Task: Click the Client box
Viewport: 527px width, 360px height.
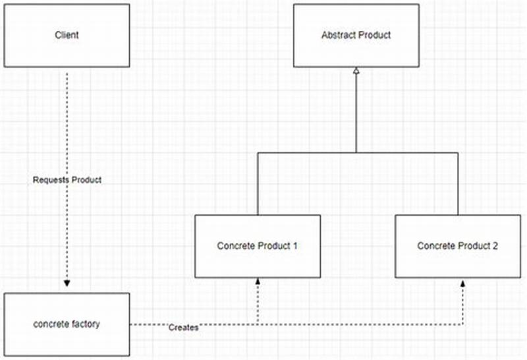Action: click(67, 35)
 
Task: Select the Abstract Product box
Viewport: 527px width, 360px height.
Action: click(356, 35)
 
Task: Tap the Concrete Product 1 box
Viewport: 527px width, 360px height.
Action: click(258, 246)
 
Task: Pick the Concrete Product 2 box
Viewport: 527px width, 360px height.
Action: click(458, 246)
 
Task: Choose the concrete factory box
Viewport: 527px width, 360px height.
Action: click(67, 324)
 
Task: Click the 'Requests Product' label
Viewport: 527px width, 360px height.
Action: click(67, 180)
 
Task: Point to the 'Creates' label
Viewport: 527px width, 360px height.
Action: click(183, 327)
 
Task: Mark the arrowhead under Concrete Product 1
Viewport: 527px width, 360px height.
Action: click(258, 282)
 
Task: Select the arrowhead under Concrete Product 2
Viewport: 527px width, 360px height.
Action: click(462, 282)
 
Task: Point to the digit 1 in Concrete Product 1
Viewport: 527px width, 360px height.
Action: click(295, 246)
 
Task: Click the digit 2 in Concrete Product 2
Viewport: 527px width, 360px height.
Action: click(495, 246)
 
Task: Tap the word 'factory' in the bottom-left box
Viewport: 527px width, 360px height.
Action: click(86, 324)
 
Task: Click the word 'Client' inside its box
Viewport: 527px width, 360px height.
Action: click(67, 35)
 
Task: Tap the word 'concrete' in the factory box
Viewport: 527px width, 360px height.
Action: click(51, 324)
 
